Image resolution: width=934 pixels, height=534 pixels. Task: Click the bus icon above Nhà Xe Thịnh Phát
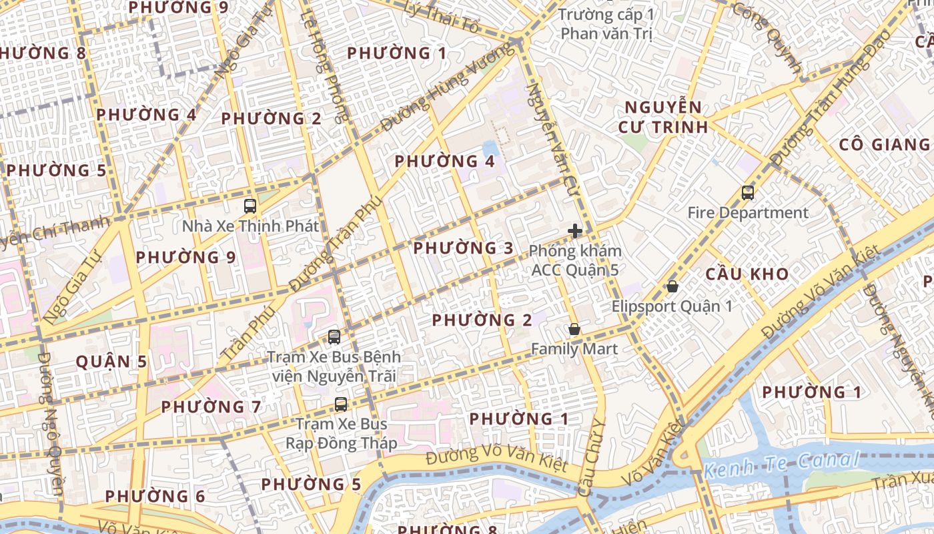250,206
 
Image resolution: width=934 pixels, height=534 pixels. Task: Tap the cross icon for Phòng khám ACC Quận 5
574,232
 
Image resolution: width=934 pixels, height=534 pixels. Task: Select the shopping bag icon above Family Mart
574,329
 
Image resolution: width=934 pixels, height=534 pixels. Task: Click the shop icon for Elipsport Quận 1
672,286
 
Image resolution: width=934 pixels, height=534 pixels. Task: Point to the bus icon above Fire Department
748,193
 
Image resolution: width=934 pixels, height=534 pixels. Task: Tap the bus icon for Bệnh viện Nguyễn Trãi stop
334,337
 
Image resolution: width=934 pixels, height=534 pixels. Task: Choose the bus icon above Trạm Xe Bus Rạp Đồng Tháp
341,404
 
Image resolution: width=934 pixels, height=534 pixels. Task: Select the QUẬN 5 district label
111,362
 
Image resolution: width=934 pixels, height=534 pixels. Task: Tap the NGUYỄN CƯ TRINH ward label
664,117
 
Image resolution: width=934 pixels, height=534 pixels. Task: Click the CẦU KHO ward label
747,274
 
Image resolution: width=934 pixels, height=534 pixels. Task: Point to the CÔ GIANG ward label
884,144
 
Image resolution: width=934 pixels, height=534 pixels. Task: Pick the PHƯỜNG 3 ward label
464,248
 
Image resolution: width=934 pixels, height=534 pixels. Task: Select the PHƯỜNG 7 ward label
211,406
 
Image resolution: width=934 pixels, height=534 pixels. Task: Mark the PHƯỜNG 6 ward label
155,496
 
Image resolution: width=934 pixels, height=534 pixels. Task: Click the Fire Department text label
748,213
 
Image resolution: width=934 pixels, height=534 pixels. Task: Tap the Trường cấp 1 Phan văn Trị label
605,23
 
